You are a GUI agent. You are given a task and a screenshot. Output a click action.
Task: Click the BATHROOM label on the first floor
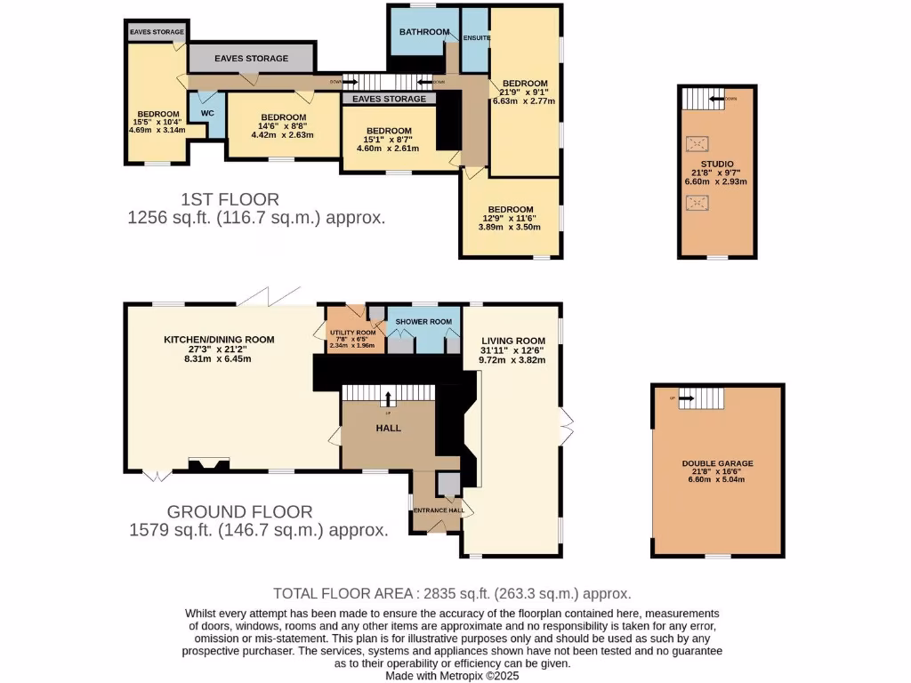pos(424,32)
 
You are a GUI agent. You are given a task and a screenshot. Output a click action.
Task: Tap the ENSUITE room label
pos(477,38)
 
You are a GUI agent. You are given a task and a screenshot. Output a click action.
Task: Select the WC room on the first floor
pos(207,114)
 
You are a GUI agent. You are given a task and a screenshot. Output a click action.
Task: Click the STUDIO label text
pos(716,164)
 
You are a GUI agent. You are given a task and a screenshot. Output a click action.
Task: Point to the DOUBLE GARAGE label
pos(717,463)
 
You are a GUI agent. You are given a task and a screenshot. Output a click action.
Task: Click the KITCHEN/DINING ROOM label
pos(218,340)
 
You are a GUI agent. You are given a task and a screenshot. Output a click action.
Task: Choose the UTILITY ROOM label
pos(353,333)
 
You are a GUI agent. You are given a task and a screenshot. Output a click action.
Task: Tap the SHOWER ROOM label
pos(423,322)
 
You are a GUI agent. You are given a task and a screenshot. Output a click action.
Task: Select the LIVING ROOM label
pos(513,341)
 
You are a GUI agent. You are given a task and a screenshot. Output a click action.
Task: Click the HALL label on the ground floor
pos(388,428)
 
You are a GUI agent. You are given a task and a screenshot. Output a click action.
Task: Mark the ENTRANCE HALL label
pos(436,510)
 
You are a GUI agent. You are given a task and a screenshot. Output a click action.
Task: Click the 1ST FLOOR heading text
pos(230,199)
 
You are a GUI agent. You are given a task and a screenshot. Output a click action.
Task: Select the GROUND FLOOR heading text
pos(240,512)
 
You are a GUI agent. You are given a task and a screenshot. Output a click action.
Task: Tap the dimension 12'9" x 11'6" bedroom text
pos(510,219)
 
